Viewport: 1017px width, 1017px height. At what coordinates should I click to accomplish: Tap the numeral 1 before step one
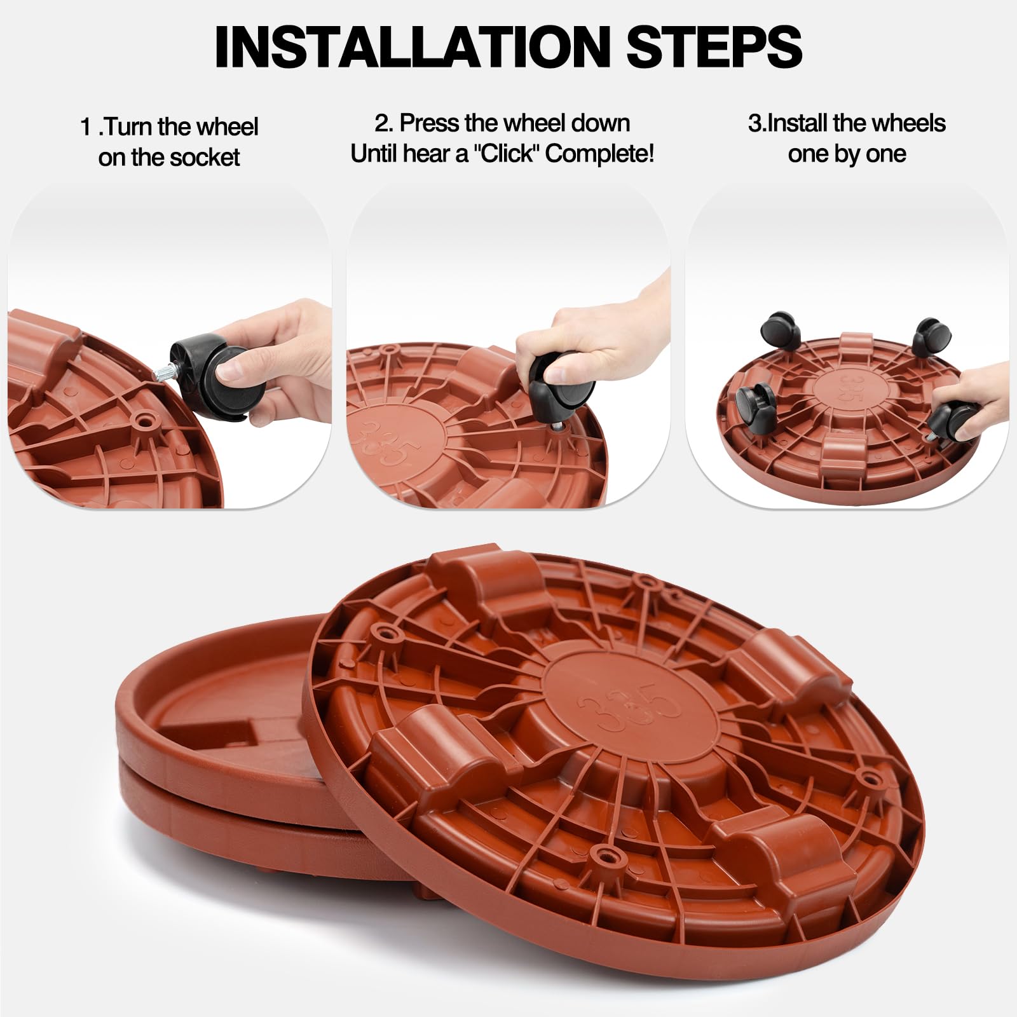(x=86, y=127)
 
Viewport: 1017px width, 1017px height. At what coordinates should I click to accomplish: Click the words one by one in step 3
(x=847, y=154)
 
